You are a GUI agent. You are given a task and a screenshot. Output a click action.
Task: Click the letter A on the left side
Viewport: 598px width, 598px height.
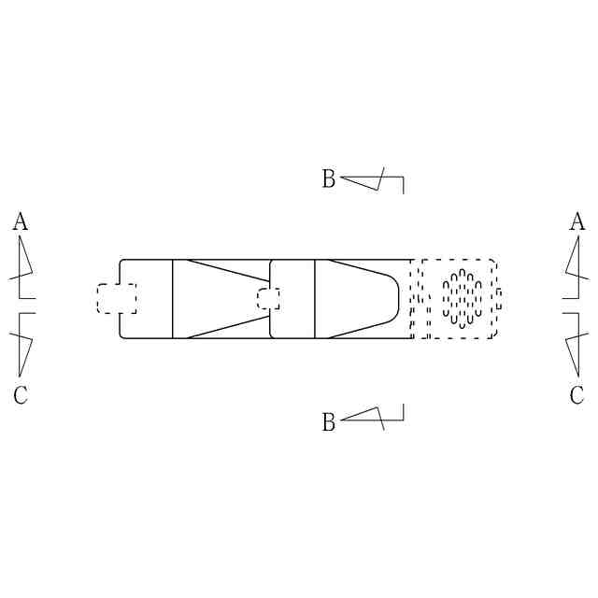[x=21, y=221]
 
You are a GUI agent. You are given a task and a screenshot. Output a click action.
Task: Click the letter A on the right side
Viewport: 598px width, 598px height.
[x=577, y=221]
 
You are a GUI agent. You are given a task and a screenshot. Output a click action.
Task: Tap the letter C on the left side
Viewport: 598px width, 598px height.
[x=21, y=394]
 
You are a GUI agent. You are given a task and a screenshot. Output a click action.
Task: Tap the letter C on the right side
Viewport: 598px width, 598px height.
[x=577, y=394]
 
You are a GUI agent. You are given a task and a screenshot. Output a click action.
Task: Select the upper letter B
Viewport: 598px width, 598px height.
[x=329, y=178]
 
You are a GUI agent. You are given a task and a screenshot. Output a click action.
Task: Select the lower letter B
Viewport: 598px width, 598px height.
[x=329, y=421]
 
